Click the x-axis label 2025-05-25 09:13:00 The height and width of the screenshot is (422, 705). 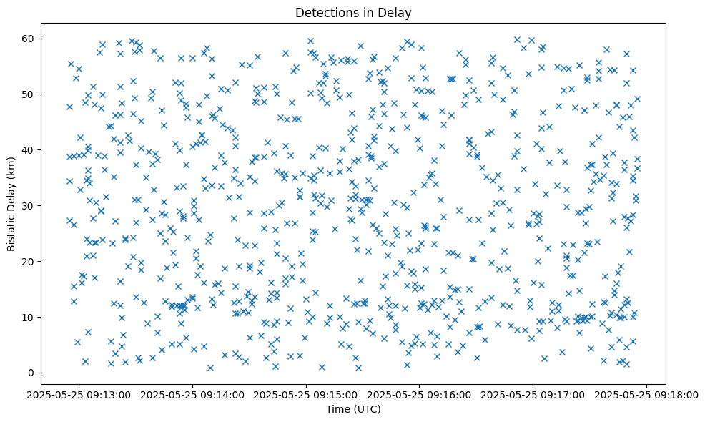point(80,394)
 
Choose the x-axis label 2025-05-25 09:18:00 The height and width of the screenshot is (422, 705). point(646,394)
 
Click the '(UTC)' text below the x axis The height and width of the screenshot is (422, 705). point(368,409)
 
